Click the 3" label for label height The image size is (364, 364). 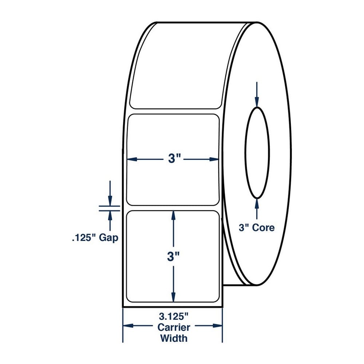pyautogui.click(x=173, y=257)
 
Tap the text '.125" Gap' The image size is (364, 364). pyautogui.click(x=95, y=238)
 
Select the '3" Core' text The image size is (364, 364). pyautogui.click(x=257, y=227)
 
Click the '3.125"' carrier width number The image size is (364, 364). pyautogui.click(x=173, y=316)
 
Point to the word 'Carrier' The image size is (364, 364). pyautogui.click(x=174, y=327)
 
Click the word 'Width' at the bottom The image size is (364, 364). pyautogui.click(x=174, y=338)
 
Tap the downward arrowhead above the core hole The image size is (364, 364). pyautogui.click(x=257, y=102)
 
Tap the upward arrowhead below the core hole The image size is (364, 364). pyautogui.click(x=257, y=203)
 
